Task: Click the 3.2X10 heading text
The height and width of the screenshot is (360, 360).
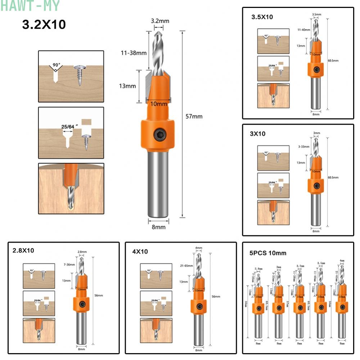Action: pyautogui.click(x=44, y=24)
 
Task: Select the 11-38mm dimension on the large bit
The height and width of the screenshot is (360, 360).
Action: pyautogui.click(x=134, y=53)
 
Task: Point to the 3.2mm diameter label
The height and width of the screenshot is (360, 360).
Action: pyautogui.click(x=160, y=21)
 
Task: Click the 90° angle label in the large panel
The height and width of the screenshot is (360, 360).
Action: pyautogui.click(x=57, y=65)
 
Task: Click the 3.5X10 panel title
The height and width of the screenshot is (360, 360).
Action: pyautogui.click(x=262, y=17)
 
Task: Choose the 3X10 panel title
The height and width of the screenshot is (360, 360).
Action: pyautogui.click(x=258, y=134)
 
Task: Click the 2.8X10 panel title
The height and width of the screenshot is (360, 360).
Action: pyautogui.click(x=23, y=250)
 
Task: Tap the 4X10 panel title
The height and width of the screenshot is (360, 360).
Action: pyautogui.click(x=140, y=251)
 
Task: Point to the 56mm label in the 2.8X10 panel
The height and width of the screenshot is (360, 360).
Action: pyautogui.click(x=98, y=295)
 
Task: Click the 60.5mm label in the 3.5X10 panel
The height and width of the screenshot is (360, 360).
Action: pyautogui.click(x=333, y=60)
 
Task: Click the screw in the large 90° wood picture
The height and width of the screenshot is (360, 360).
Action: pyautogui.click(x=79, y=75)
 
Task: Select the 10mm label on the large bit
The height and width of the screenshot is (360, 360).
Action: pyautogui.click(x=159, y=104)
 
